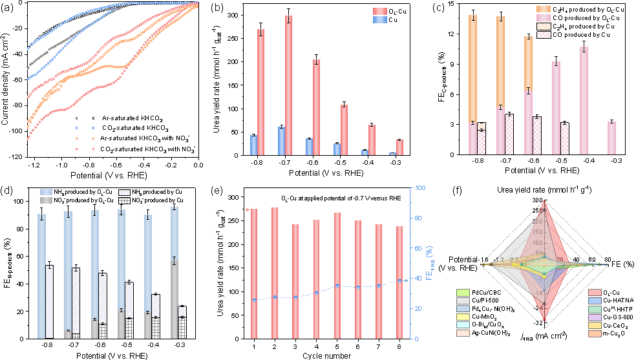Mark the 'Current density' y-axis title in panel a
(6, 80)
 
